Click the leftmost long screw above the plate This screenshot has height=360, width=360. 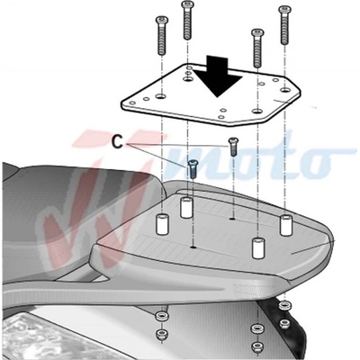162,36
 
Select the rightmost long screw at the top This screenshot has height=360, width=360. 283,25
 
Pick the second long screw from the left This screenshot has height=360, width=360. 187,20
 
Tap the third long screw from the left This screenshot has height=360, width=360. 257,48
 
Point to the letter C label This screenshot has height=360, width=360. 118,142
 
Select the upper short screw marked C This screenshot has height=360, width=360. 233,147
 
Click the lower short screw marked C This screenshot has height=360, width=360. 192,169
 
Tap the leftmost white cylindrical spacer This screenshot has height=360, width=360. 162,224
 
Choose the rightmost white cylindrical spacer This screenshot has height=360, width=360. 286,225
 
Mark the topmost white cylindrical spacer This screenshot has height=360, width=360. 186,208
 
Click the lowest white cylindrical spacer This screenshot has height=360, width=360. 258,248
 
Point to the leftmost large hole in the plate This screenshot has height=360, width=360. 161,96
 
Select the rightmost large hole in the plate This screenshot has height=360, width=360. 285,89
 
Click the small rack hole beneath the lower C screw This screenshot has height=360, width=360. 193,247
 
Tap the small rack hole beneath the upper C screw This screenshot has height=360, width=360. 232,219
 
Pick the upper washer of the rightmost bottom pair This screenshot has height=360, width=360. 283,306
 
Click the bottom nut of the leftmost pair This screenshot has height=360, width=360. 162,334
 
